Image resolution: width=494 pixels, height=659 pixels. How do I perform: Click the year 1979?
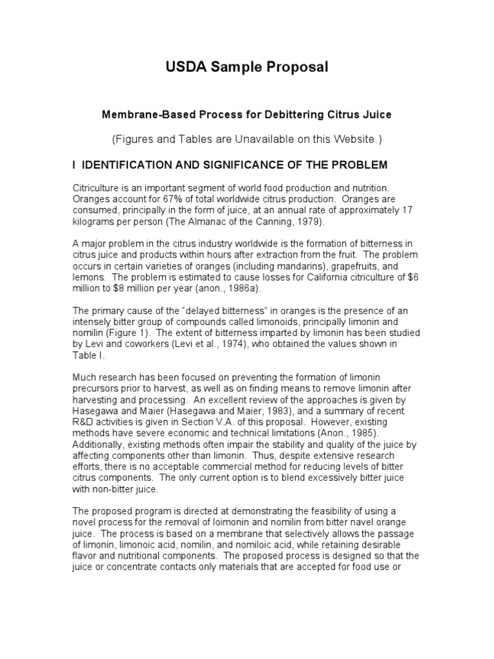300,220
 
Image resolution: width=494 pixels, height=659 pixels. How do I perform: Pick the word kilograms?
95,220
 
